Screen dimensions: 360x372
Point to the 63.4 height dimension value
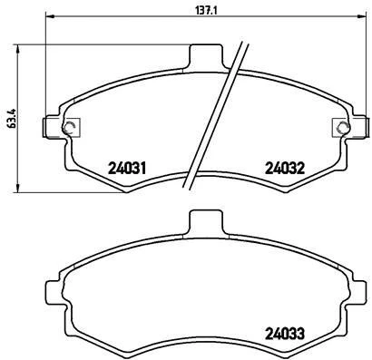[x=8, y=117]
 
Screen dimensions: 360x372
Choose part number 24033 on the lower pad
[x=283, y=331]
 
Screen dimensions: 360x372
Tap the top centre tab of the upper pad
[x=206, y=55]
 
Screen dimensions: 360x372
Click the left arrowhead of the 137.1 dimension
[x=48, y=16]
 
